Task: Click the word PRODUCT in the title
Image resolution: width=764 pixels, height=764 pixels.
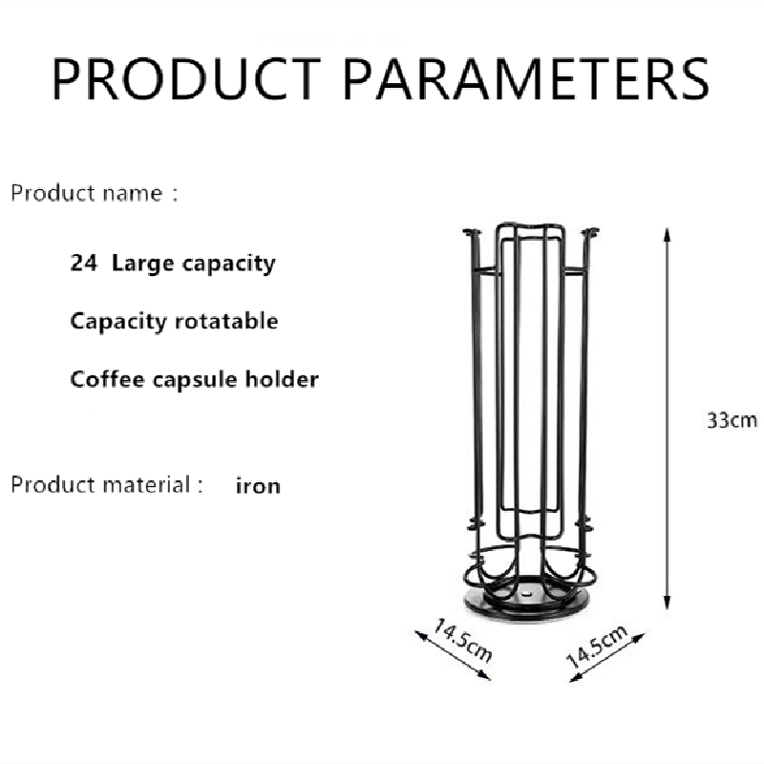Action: click(186, 79)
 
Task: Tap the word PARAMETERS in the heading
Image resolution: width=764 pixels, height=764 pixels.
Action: click(526, 79)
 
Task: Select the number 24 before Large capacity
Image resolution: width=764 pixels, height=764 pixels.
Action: click(84, 264)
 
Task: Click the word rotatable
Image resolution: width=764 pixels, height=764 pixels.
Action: click(226, 322)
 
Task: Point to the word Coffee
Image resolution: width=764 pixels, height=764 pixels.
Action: click(107, 379)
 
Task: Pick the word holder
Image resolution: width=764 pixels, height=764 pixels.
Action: click(282, 379)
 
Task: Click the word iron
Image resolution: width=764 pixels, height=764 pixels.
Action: click(258, 486)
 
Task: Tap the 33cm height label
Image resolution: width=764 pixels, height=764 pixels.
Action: click(732, 420)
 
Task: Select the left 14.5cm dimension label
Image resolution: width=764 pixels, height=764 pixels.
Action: click(463, 641)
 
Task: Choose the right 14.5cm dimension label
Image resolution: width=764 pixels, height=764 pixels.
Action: click(598, 647)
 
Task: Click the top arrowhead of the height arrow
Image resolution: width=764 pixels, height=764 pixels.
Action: click(667, 234)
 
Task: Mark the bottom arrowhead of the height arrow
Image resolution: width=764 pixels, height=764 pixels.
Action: click(667, 603)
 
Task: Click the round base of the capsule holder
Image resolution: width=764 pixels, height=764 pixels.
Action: click(529, 605)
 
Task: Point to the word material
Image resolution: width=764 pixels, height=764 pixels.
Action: click(146, 485)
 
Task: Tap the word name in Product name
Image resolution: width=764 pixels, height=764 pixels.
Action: click(132, 194)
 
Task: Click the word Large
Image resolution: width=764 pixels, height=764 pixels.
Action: click(142, 265)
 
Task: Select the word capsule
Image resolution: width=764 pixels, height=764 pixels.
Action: click(195, 380)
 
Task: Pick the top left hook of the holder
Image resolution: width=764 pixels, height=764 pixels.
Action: click(471, 234)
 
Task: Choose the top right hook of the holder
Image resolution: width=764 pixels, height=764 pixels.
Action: click(590, 233)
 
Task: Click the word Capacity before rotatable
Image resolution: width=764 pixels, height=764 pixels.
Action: click(118, 322)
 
